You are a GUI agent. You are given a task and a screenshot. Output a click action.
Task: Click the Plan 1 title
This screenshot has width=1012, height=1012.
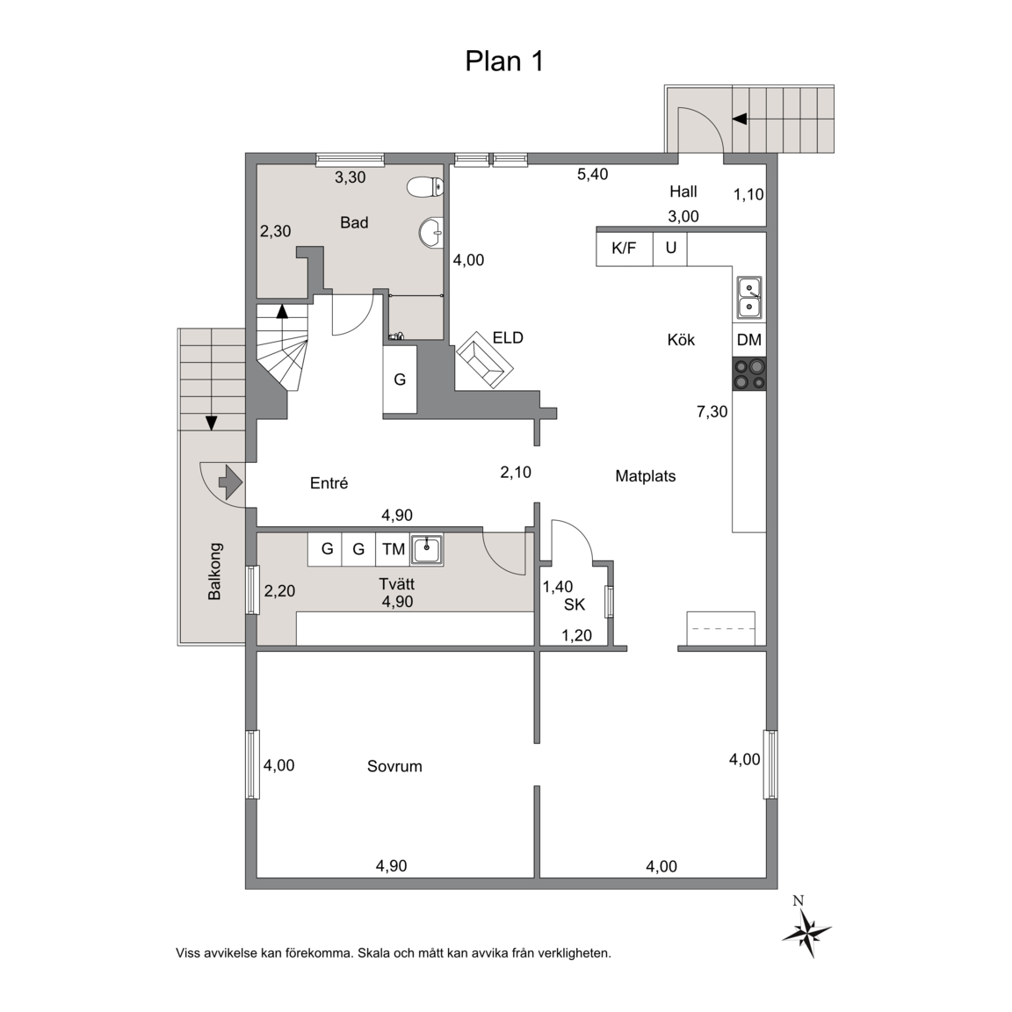[504, 61]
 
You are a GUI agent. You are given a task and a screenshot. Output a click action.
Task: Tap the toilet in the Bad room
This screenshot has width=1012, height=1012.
[426, 187]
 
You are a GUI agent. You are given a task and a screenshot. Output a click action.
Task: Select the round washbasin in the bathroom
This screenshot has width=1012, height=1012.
[430, 232]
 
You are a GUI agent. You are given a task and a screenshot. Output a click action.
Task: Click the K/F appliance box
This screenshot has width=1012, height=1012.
[624, 249]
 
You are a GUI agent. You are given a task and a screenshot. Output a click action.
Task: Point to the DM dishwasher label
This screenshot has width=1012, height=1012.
[748, 339]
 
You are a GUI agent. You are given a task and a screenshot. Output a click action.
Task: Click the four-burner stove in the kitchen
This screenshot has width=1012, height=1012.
[749, 373]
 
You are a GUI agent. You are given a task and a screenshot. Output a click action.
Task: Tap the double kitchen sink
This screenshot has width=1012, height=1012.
[749, 298]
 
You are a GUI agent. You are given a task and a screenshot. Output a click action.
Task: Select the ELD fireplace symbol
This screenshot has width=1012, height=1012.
[485, 360]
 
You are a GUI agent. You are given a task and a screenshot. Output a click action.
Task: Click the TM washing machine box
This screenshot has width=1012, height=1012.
[393, 549]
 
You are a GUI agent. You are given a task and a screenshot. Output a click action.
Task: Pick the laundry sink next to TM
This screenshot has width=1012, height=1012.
[427, 550]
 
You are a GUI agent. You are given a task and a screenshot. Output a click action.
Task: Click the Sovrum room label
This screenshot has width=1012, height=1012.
[394, 766]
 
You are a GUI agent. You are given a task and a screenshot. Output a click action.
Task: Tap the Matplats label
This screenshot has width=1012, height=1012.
[646, 476]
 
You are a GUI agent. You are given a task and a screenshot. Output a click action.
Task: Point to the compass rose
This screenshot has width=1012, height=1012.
[806, 929]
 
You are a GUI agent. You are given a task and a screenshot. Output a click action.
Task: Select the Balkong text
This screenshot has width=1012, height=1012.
[214, 571]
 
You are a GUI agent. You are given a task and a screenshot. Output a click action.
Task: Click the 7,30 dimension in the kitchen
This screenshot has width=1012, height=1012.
[712, 411]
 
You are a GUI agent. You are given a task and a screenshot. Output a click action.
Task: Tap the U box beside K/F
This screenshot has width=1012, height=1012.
[670, 249]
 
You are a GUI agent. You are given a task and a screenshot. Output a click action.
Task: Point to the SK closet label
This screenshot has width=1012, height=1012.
[575, 604]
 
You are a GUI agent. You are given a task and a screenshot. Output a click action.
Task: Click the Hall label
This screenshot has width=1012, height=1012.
[683, 192]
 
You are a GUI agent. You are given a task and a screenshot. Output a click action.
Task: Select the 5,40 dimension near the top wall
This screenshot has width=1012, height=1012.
[592, 174]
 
